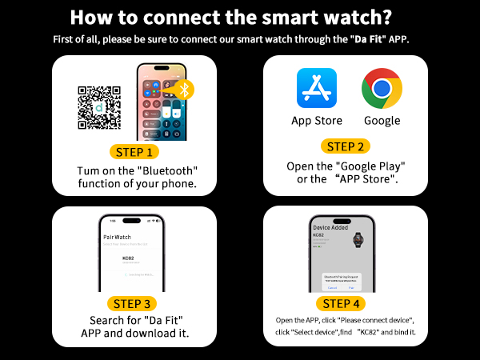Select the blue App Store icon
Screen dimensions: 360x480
317,87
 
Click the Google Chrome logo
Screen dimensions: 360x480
381,87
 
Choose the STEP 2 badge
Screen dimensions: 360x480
346,146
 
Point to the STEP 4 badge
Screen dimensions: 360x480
346,303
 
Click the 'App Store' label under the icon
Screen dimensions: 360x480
317,121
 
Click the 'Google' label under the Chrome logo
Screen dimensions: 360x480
382,121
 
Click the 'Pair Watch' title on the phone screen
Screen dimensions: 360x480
118,238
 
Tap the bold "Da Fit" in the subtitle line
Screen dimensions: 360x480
369,38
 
